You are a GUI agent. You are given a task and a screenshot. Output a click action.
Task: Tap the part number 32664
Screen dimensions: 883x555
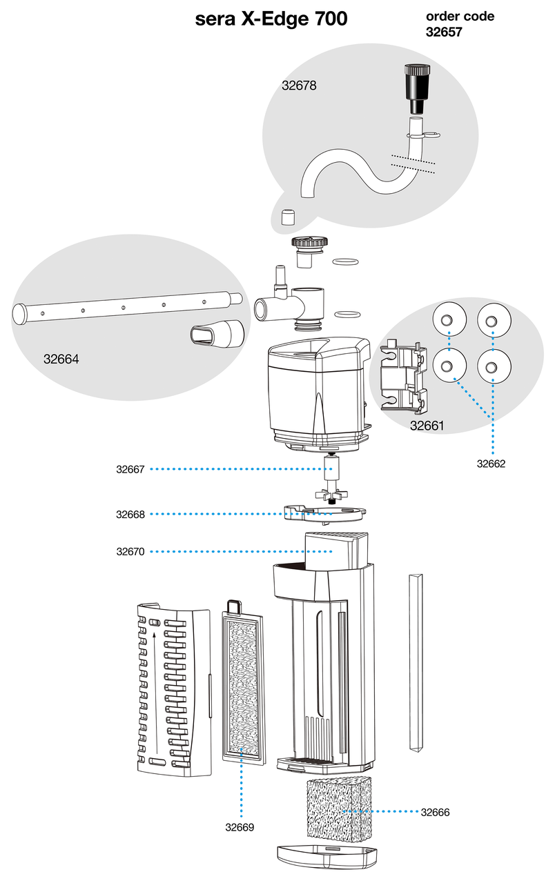[x=61, y=359]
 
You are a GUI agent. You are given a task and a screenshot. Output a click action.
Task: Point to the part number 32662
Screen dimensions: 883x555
[x=491, y=464]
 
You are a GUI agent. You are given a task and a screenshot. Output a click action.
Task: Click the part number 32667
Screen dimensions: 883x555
[x=130, y=469]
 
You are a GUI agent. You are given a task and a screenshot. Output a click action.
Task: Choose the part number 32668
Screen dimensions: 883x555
[x=130, y=514]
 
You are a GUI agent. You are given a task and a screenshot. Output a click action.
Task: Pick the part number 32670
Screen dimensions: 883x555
[x=130, y=551]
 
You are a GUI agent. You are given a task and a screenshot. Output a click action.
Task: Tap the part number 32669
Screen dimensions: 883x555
[x=240, y=827]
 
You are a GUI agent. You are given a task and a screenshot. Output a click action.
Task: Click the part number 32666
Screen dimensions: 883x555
[x=435, y=813]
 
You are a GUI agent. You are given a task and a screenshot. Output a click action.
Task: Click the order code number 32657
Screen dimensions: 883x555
[x=442, y=32]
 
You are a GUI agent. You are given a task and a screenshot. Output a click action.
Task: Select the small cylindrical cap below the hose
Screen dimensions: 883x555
[x=289, y=217]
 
